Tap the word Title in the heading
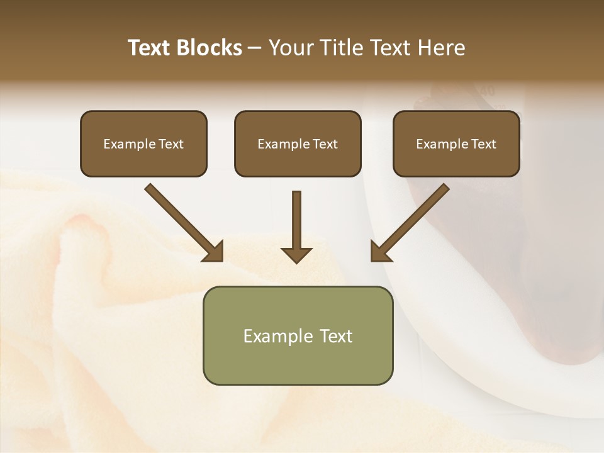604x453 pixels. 345,48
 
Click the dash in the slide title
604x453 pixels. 255,48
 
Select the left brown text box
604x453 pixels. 143,143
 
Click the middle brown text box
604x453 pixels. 298,143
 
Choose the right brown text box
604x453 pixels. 456,143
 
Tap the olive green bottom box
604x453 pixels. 298,335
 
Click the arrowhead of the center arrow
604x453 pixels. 296,255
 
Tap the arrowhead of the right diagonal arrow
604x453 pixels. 379,252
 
